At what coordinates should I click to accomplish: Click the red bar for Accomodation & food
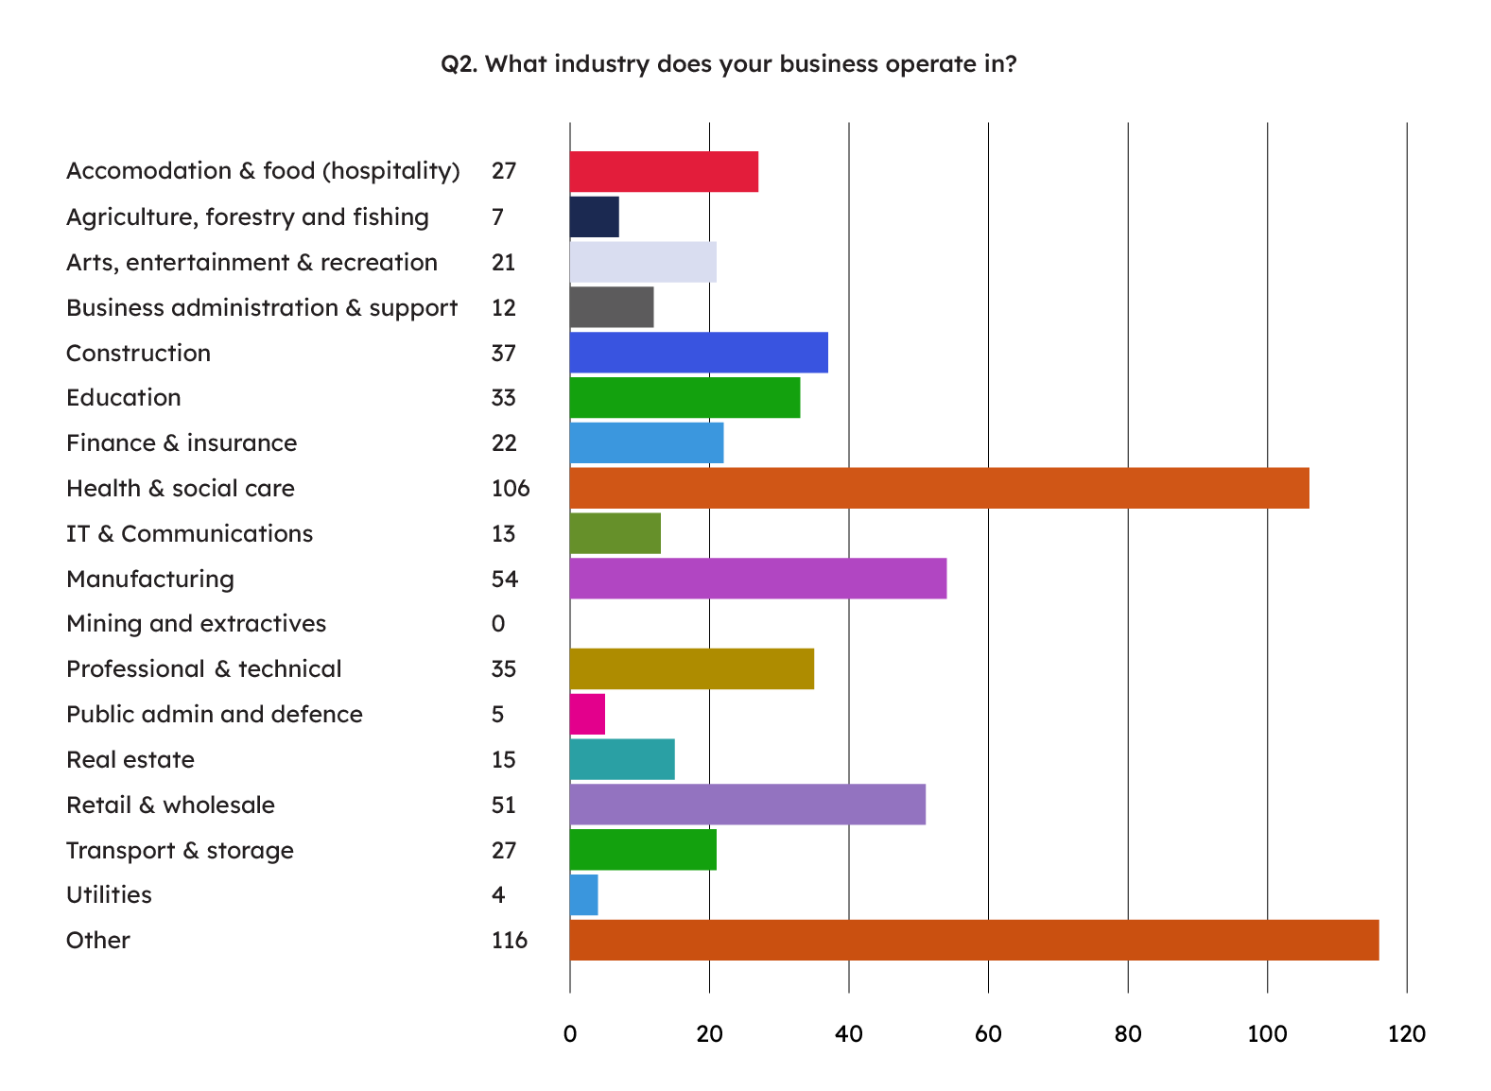(x=664, y=171)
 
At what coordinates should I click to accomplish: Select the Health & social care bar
(x=939, y=488)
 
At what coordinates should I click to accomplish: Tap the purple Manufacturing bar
(x=757, y=579)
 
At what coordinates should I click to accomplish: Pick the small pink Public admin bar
(x=587, y=714)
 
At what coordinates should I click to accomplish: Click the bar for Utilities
(x=583, y=895)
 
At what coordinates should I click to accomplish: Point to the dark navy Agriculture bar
(x=594, y=216)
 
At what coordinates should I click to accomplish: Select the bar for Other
(x=974, y=940)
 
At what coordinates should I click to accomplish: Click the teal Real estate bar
(x=622, y=759)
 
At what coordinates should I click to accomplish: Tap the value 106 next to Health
(x=511, y=489)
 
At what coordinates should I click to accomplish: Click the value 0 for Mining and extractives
(x=498, y=624)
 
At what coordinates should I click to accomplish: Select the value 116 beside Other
(x=510, y=941)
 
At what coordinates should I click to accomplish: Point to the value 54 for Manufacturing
(x=505, y=580)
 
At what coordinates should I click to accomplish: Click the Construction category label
(x=138, y=354)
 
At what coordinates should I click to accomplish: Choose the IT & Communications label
(x=189, y=534)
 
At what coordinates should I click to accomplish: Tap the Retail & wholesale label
(x=170, y=805)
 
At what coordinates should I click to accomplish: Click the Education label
(x=123, y=398)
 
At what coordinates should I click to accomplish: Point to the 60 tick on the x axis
(x=988, y=1034)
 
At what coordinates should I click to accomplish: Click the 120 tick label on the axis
(x=1406, y=1034)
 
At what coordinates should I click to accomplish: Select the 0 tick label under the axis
(x=570, y=1034)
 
